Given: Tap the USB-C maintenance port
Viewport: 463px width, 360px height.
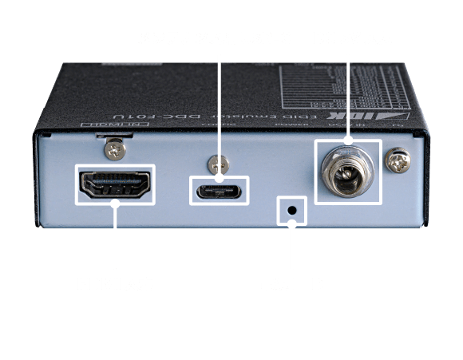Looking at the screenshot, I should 220,192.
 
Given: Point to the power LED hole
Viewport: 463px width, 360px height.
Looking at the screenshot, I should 292,211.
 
